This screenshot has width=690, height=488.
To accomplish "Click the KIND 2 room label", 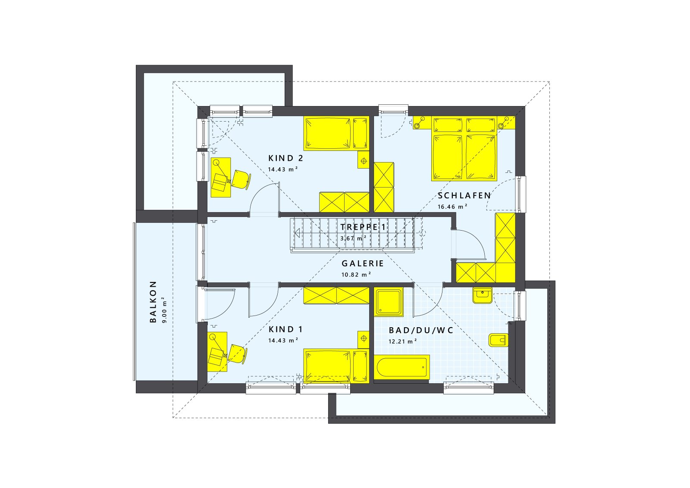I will click(286, 158).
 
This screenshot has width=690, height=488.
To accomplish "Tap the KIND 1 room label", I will click(285, 330).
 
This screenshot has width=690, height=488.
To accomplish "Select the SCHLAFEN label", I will click(464, 196).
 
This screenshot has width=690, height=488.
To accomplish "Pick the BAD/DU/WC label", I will click(421, 331).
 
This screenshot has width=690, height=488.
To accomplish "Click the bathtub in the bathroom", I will click(401, 367).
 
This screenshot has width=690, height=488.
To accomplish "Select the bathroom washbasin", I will click(482, 295).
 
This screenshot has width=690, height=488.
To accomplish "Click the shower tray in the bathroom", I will click(389, 301).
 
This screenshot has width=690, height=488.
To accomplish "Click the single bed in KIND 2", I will click(336, 133).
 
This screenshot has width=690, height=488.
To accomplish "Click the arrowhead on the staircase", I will click(297, 233).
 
